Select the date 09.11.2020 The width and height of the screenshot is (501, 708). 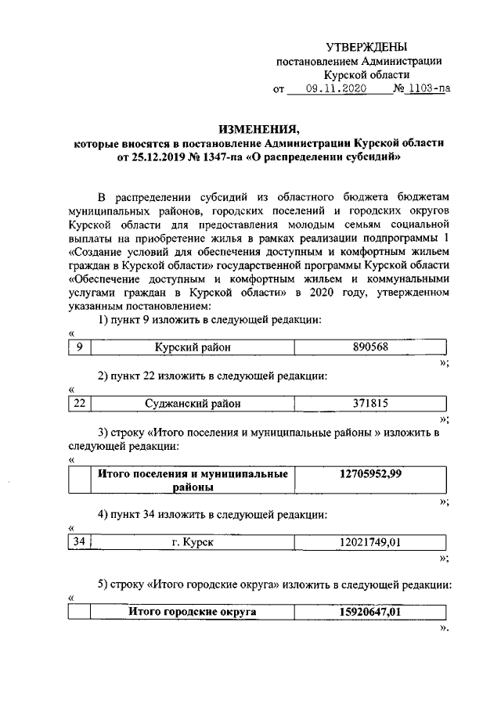336,89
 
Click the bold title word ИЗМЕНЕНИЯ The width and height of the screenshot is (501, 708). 258,129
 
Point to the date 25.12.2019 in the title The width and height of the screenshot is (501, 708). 147,156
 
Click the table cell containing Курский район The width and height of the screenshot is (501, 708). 193,347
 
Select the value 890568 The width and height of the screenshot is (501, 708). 370,347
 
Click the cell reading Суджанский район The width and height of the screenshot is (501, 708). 193,404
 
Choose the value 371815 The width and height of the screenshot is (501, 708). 370,404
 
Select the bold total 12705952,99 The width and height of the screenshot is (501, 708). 370,474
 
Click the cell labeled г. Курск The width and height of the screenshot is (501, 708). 193,542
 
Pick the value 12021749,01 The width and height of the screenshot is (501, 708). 370,542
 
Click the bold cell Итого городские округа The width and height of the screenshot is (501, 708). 193,612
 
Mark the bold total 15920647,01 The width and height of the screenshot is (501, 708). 370,612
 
